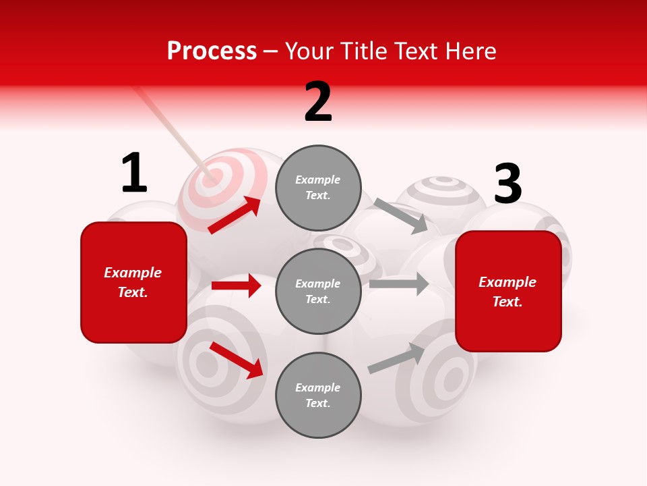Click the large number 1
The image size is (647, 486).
(x=133, y=173)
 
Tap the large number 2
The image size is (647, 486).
(x=318, y=103)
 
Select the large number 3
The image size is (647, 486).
(x=507, y=184)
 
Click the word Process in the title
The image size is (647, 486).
(x=212, y=51)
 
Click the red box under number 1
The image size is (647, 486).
(x=133, y=282)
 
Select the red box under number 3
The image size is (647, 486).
(x=508, y=292)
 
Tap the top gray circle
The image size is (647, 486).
(x=318, y=188)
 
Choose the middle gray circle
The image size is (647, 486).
(x=318, y=291)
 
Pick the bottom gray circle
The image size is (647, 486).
(x=318, y=395)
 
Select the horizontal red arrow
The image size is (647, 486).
(x=236, y=286)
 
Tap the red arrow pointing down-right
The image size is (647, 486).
(x=236, y=360)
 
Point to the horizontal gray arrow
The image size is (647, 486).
(x=399, y=284)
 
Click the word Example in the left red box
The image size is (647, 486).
(x=133, y=273)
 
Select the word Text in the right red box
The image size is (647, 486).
(x=507, y=302)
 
